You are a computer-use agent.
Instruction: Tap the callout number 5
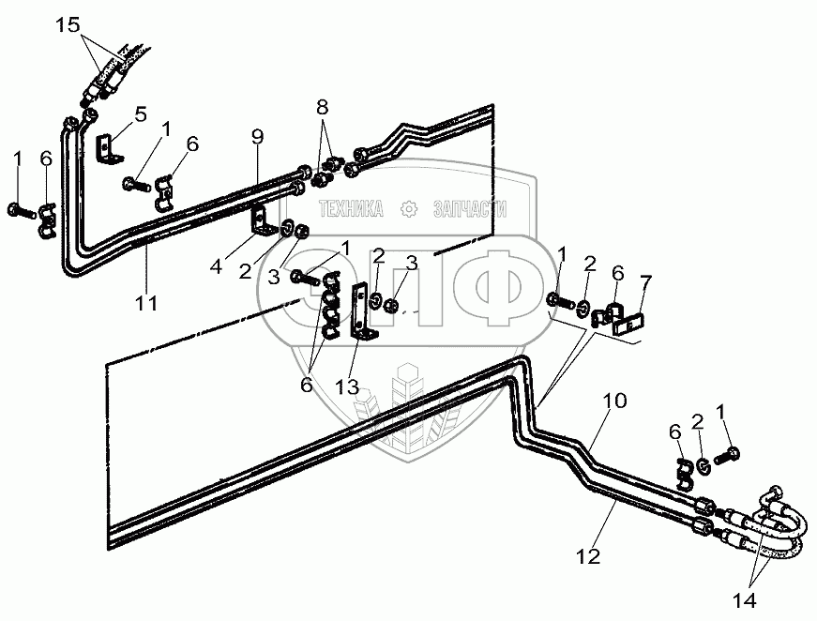140,114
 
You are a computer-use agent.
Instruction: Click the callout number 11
147,303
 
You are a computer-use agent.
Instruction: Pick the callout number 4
216,265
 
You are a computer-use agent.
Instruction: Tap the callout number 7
644,281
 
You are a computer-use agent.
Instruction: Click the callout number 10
613,401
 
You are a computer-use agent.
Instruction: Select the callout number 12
588,557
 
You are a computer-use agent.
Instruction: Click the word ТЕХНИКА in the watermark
351,209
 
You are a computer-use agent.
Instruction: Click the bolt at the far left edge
20,208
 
